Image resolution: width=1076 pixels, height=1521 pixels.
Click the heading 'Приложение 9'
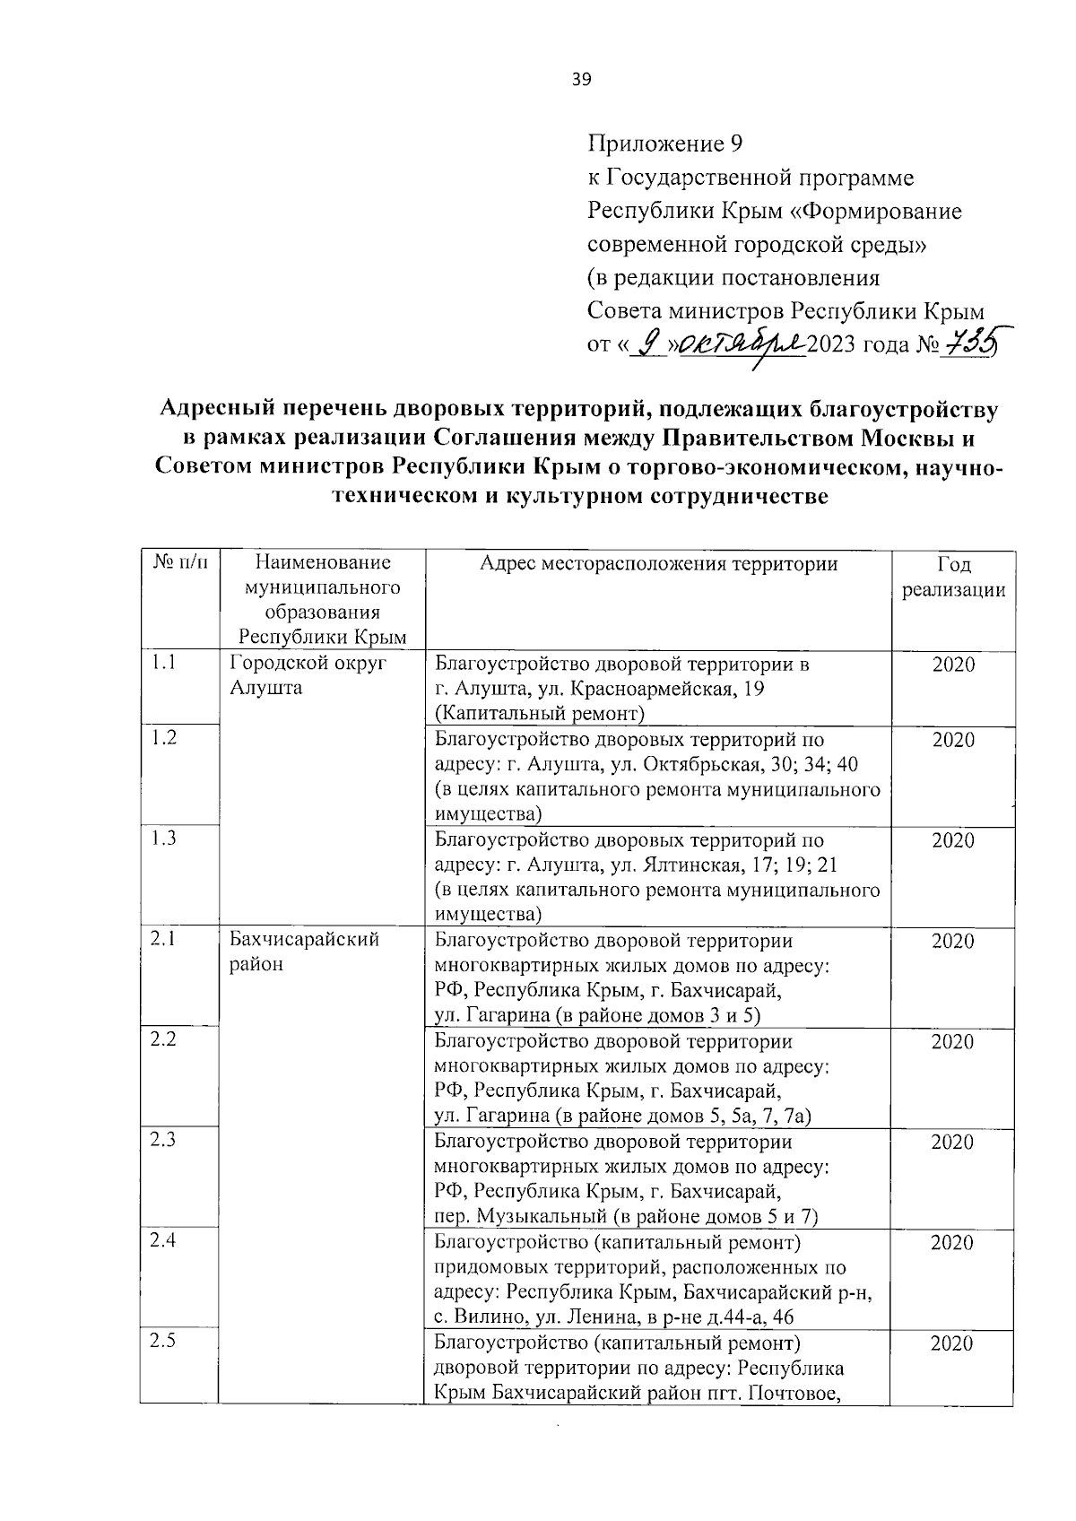tap(665, 143)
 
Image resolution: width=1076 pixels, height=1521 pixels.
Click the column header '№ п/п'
tap(179, 563)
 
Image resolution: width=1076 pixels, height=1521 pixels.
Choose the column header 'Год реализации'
tap(953, 577)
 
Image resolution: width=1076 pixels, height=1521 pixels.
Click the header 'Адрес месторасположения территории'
tap(659, 563)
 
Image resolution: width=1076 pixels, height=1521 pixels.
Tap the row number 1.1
tap(163, 663)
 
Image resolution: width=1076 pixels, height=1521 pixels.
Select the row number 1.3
tap(163, 839)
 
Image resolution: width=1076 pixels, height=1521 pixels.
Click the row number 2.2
tap(163, 1039)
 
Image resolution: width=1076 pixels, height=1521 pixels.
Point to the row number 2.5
tap(163, 1341)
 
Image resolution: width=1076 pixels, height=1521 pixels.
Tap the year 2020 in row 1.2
tap(953, 740)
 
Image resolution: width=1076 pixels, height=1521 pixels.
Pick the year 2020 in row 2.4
tap(953, 1242)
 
